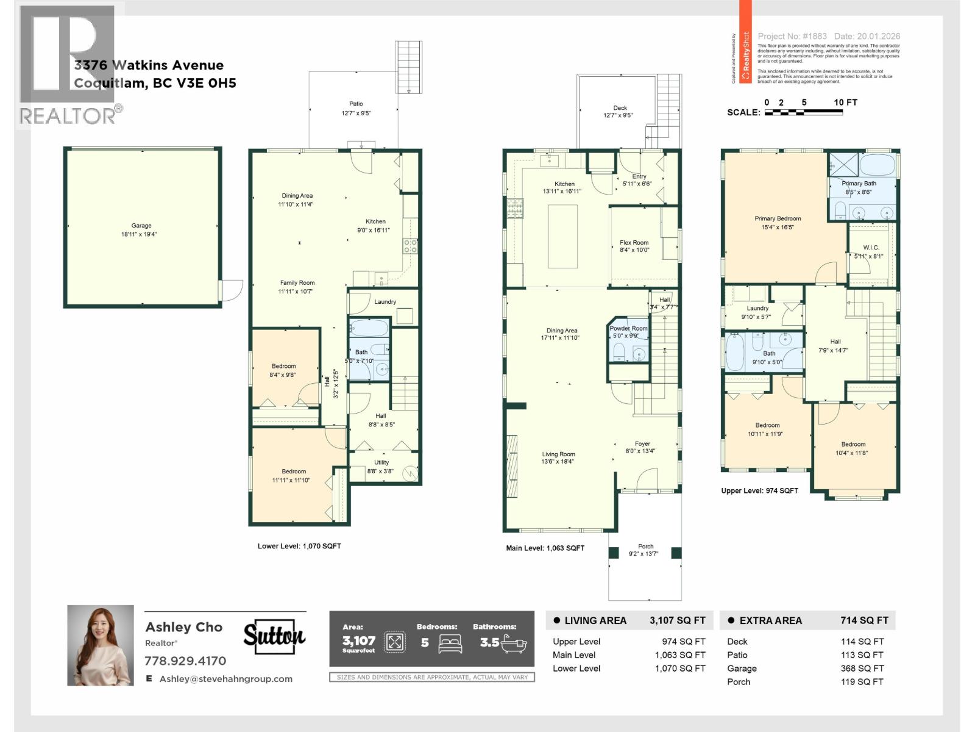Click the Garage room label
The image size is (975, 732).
(141, 226)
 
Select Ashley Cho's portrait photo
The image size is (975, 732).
(101, 645)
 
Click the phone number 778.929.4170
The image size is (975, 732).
(185, 661)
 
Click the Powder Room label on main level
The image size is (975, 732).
(629, 328)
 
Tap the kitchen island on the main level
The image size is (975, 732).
(562, 237)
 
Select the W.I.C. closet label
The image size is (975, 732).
(871, 248)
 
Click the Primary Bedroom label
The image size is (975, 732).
(778, 218)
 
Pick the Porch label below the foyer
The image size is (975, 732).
(645, 547)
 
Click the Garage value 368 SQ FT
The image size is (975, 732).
(862, 669)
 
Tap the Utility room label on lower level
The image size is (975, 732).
(381, 462)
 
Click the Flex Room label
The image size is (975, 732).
(634, 243)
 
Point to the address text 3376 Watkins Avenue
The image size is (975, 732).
(149, 65)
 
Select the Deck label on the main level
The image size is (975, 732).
(620, 108)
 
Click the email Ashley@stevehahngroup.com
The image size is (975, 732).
(225, 679)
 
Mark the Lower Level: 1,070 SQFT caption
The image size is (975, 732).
(299, 546)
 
